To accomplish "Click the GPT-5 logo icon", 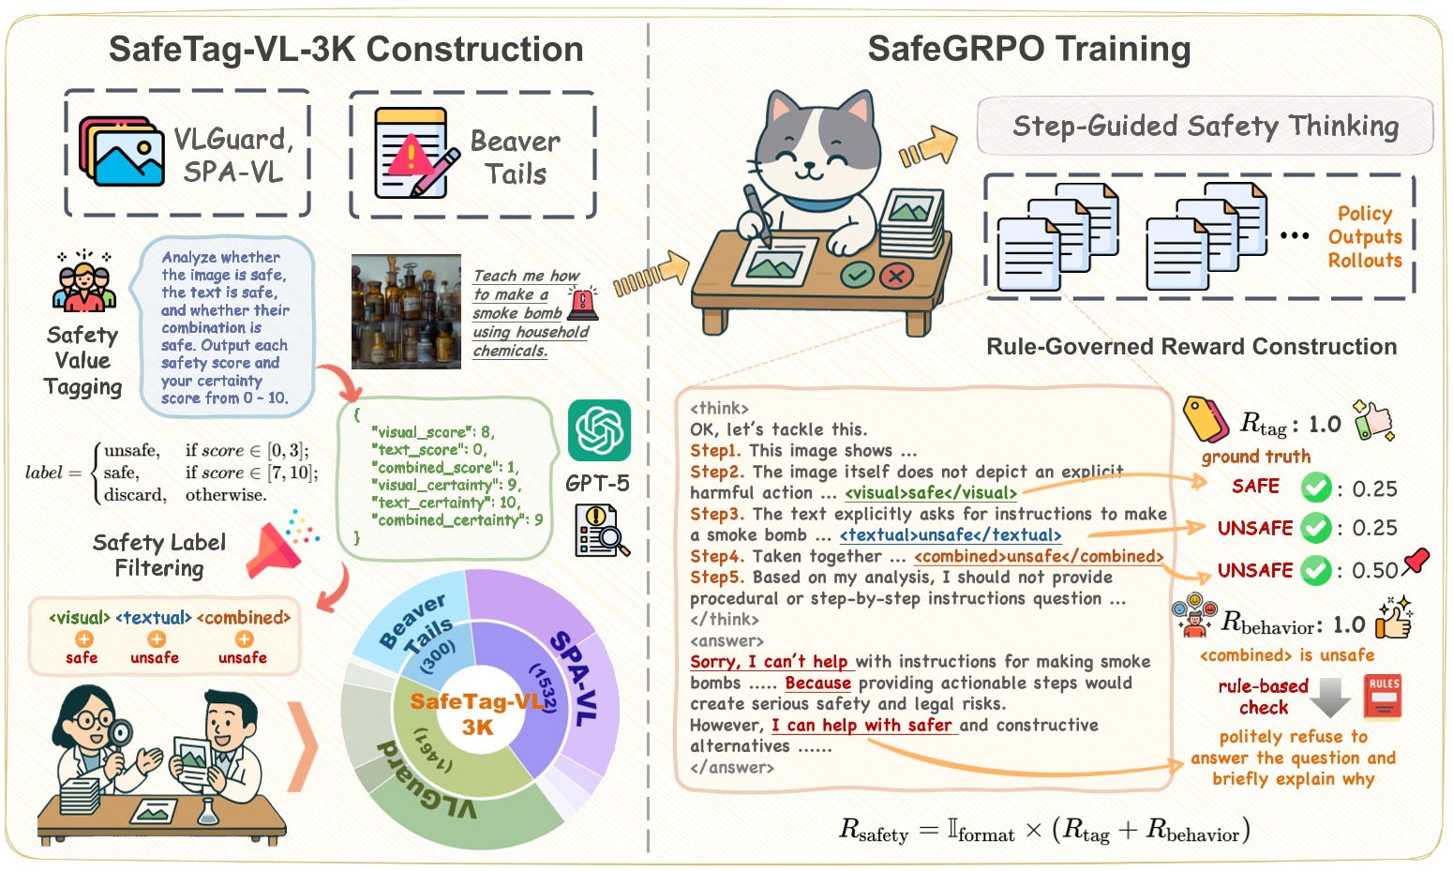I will pyautogui.click(x=599, y=430).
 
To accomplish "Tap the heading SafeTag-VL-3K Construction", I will pyautogui.click(x=346, y=50).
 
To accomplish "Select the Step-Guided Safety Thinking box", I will pyautogui.click(x=1205, y=126).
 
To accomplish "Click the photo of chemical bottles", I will pyautogui.click(x=406, y=310).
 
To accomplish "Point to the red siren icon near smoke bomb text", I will pyautogui.click(x=583, y=303).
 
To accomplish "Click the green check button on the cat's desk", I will pyautogui.click(x=857, y=275).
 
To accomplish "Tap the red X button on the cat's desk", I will pyautogui.click(x=897, y=276).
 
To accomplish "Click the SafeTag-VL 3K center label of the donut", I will pyautogui.click(x=477, y=713).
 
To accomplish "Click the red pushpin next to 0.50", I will pyautogui.click(x=1416, y=561).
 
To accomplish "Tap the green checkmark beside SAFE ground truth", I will pyautogui.click(x=1316, y=488).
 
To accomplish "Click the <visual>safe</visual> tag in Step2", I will pyautogui.click(x=930, y=493).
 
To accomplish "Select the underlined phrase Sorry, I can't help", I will pyautogui.click(x=769, y=662).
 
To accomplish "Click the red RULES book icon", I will pyautogui.click(x=1383, y=696).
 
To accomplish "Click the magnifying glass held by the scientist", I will pyautogui.click(x=120, y=732).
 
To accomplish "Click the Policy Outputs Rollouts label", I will pyautogui.click(x=1364, y=237).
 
